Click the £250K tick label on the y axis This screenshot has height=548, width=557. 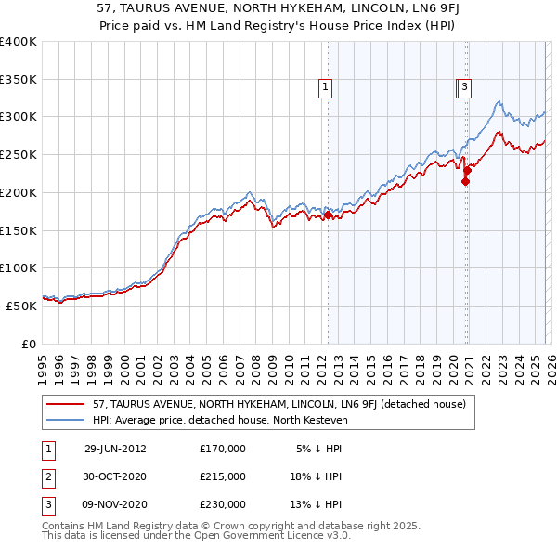click(x=19, y=155)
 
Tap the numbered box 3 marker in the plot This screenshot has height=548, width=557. click(x=464, y=88)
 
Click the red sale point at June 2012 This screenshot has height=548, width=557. click(x=329, y=215)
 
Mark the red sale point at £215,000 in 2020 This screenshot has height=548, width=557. click(x=465, y=182)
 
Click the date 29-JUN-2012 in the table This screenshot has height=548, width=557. click(x=115, y=449)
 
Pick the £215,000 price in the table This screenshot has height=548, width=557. click(x=223, y=476)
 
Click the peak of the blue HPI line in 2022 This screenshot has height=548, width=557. click(x=499, y=100)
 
